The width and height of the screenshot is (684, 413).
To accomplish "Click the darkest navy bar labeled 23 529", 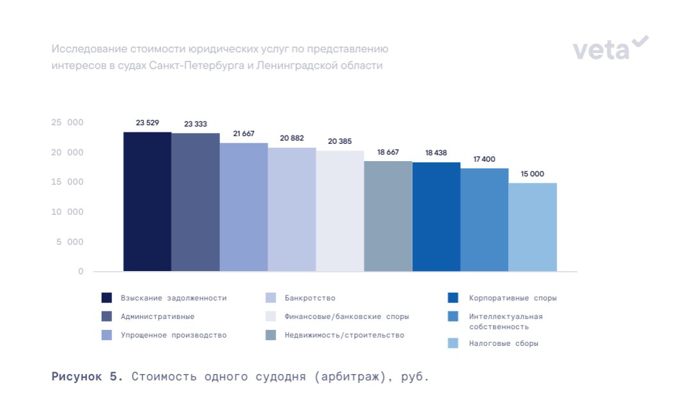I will [x=147, y=201].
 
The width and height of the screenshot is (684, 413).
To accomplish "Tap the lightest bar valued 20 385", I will [x=340, y=211].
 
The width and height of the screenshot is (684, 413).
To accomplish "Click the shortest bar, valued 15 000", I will [x=532, y=227].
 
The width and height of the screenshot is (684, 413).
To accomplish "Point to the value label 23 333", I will [x=196, y=124].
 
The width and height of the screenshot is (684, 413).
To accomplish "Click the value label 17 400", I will [x=485, y=159].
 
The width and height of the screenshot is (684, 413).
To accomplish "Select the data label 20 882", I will [x=291, y=138].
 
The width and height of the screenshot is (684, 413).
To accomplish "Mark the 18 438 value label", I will [x=436, y=153].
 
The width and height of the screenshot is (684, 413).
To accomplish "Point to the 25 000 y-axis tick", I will [x=67, y=122].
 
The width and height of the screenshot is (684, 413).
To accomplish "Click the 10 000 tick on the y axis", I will [x=67, y=212].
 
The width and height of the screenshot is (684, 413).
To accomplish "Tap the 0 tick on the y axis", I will [x=81, y=271].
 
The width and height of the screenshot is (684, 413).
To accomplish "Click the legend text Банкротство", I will [x=310, y=298].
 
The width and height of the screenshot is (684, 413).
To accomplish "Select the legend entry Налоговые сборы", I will [x=504, y=343].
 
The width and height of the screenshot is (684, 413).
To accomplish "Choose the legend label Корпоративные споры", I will [x=513, y=298].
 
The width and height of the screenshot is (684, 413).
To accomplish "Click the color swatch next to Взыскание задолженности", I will [x=107, y=298].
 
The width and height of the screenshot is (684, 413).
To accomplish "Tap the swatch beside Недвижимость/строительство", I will [x=270, y=335].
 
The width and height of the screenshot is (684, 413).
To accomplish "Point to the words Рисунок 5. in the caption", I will [x=87, y=376].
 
